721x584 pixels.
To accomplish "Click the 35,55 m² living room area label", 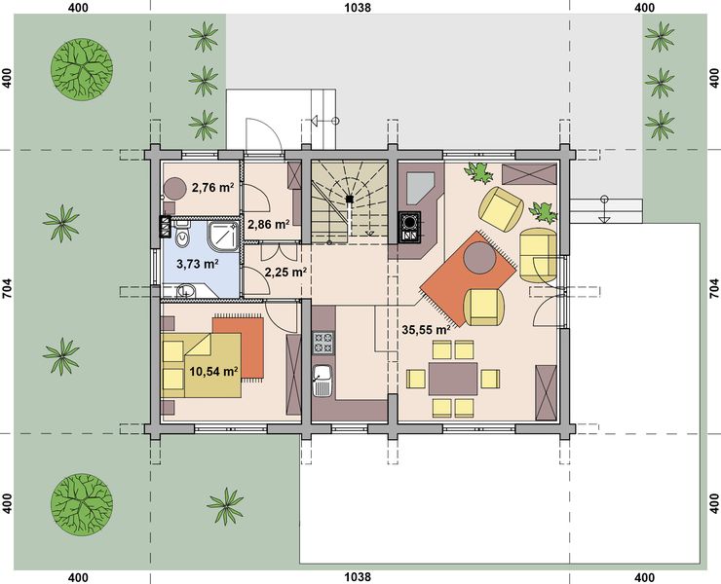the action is (x=426, y=329).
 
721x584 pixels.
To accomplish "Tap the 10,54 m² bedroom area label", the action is (x=213, y=371).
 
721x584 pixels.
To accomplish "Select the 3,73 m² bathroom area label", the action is (x=198, y=264).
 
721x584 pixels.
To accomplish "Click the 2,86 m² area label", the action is (x=269, y=224).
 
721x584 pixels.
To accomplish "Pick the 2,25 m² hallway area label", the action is (x=286, y=272).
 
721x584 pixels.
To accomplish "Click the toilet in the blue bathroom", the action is (x=183, y=235).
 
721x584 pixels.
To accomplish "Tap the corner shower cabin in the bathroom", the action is (x=223, y=237).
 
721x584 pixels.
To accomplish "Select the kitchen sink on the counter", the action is (x=323, y=381).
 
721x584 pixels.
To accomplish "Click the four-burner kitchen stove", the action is (x=323, y=343).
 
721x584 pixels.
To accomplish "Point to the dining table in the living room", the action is (x=453, y=379).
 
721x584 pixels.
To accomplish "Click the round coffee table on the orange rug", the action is (x=479, y=258).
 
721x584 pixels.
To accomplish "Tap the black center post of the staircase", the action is (x=350, y=199).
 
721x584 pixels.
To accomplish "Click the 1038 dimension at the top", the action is (x=358, y=8).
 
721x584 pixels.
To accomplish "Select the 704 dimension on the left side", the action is (x=8, y=289).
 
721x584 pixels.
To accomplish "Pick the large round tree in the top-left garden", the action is (x=82, y=69).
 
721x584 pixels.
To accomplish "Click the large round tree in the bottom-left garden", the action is (x=82, y=504).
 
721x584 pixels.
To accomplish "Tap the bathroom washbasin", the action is (x=186, y=291).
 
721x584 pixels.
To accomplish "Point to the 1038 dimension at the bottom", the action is (x=358, y=576).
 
